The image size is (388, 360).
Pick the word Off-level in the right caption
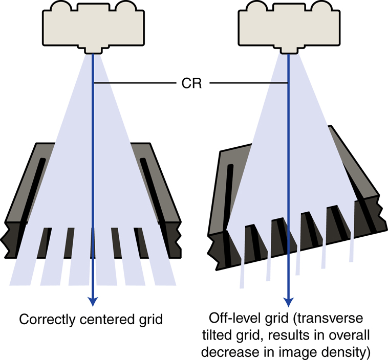[x=229, y=319]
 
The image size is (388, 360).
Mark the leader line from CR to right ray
[x=249, y=83]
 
